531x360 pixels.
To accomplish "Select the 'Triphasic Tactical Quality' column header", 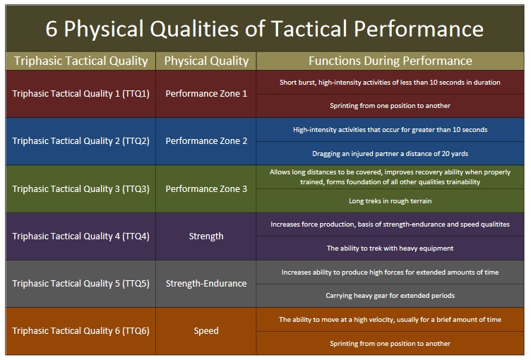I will pos(80,61).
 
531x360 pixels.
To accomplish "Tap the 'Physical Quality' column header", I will pos(206,61).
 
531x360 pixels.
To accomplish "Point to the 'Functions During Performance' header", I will pos(390,61).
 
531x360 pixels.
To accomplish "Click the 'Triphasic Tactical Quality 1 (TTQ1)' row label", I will pos(80,93).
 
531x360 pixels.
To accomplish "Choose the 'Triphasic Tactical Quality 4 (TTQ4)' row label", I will pos(80,236).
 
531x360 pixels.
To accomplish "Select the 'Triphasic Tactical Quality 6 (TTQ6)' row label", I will pos(80,330).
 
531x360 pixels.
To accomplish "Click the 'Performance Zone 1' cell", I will pos(206,93).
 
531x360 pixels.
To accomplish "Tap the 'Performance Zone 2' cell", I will pos(206,140).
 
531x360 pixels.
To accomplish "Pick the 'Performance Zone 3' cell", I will pos(206,188).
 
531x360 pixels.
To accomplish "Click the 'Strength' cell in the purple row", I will pos(206,236).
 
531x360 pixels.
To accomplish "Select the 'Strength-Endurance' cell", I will pos(206,283).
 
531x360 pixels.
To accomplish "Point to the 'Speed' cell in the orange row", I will pos(206,330).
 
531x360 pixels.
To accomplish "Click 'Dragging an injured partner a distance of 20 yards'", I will pos(390,153).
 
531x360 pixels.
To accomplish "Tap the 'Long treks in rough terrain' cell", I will pos(390,201).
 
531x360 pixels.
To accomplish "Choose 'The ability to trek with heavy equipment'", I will pos(390,248).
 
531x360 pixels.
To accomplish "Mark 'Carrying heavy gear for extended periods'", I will pos(390,296).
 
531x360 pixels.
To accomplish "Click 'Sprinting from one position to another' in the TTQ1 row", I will pos(390,106).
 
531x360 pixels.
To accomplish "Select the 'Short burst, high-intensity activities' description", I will pos(390,82).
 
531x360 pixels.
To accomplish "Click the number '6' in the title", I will pos(52,28).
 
